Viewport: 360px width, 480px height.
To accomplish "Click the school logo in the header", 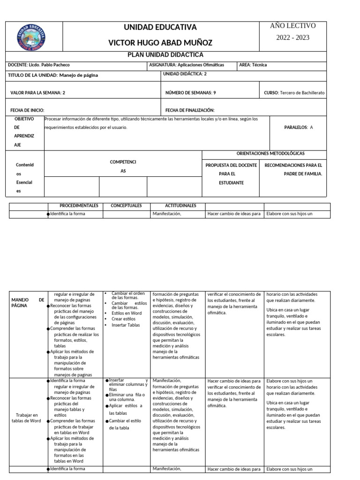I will coord(31,36).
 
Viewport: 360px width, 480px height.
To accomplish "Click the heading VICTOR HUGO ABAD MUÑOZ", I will coord(160,43).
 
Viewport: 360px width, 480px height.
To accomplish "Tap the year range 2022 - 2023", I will coord(292,37).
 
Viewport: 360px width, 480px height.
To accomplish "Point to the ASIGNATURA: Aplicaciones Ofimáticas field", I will coord(186,65).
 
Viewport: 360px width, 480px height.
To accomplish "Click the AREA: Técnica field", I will coord(253,65).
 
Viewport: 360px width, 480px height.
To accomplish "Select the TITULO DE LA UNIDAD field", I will coord(53,75).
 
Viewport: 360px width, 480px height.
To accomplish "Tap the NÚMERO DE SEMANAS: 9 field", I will coord(190,93).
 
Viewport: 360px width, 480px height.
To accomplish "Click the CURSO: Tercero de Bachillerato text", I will coord(294,93).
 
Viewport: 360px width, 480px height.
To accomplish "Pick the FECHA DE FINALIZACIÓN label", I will coord(190,110).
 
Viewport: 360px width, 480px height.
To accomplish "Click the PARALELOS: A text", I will coord(299,127).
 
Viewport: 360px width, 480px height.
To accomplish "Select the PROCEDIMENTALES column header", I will coord(79,206).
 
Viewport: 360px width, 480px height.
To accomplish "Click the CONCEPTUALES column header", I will coord(126,206).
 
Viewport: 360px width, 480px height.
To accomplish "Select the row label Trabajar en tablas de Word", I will coord(27,418).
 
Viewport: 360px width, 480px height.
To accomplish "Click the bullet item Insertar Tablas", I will coord(126,325).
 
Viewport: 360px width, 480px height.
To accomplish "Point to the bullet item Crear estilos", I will coord(123,319).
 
